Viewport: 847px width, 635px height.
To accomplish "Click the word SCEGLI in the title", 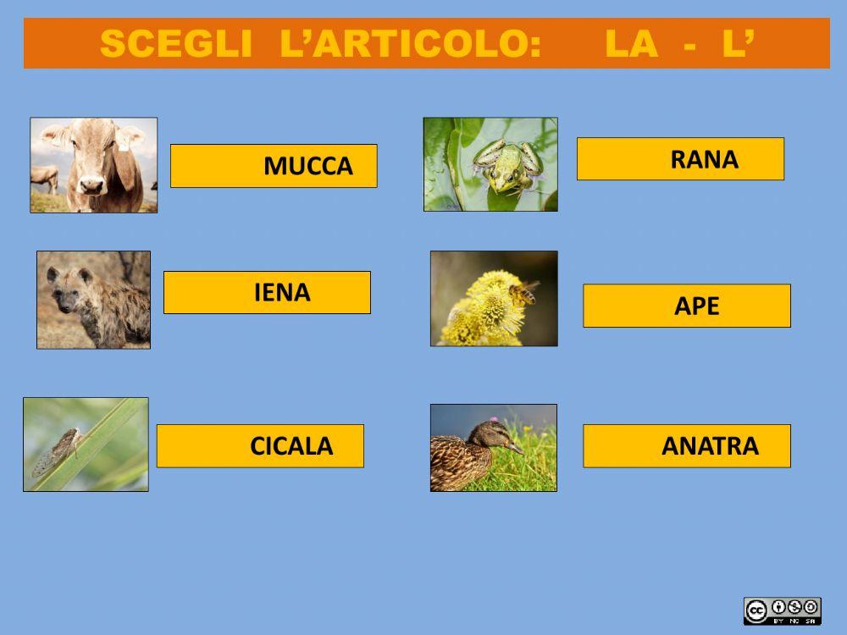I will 174,44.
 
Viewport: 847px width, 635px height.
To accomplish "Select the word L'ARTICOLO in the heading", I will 410,44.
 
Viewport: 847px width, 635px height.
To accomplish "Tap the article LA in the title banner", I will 631,44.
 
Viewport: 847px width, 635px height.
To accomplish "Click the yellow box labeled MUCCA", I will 274,166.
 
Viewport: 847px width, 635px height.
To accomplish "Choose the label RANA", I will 680,159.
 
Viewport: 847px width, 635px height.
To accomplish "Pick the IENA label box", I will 267,293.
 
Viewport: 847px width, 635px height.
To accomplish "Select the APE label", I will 687,306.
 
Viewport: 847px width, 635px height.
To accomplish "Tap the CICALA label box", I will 260,446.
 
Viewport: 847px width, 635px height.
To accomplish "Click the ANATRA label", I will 687,446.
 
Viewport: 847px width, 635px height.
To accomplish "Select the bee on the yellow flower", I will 523,293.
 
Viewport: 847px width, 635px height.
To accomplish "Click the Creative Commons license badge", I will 782,610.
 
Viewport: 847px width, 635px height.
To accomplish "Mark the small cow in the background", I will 44,177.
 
